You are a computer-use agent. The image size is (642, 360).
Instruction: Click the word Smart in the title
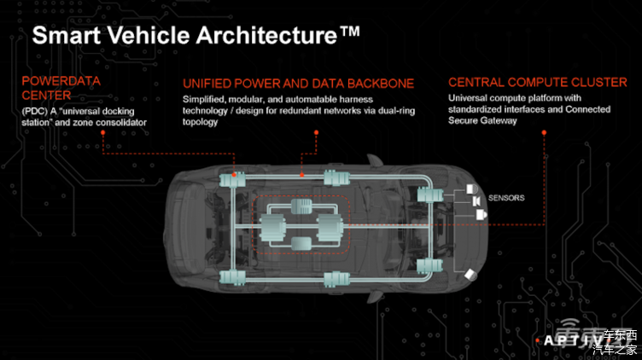pos(67,35)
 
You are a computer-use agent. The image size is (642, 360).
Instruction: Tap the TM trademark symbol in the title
pos(349,31)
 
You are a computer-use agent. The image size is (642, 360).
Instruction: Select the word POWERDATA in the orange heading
pos(61,80)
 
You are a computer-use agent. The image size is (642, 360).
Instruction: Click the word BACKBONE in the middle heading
pos(381,84)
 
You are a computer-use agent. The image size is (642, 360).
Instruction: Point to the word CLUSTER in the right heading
pos(599,82)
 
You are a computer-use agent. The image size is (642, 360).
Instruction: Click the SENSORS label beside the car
pos(506,198)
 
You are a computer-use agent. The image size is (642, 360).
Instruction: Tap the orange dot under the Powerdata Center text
pos(102,132)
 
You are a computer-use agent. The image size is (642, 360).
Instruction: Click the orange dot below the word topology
pos(316,132)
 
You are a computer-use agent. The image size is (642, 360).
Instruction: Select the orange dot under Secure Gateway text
pos(544,132)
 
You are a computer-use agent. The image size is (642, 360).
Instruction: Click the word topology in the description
pos(201,122)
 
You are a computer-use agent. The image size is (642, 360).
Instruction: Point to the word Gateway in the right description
pos(499,120)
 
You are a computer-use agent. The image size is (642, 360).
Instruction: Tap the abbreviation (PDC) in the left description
pos(35,111)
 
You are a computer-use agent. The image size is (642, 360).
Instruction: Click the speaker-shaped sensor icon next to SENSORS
pos(476,200)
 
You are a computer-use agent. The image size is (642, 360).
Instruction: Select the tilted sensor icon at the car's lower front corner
pos(470,275)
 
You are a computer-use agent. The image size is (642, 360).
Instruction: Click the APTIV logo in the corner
pos(573,340)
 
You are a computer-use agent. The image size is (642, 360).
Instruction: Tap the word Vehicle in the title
pos(149,35)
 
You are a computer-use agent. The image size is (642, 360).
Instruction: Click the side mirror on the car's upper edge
pos(373,160)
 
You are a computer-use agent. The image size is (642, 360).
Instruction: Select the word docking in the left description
pos(119,111)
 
